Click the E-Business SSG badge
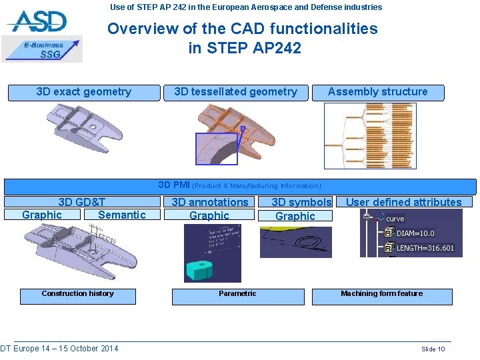43,49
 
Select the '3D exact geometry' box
84,92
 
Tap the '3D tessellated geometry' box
235,92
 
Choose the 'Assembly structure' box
377,92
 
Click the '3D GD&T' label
81,202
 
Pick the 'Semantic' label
121,215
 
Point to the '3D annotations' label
209,202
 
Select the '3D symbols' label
301,202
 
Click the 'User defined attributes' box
403,202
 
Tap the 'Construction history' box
78,294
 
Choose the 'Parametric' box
237,294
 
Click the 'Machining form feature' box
381,294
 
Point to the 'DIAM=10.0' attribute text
415,233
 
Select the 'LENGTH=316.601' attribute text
425,248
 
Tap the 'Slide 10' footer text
433,349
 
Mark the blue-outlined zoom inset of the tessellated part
216,149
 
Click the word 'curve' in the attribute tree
395,219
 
